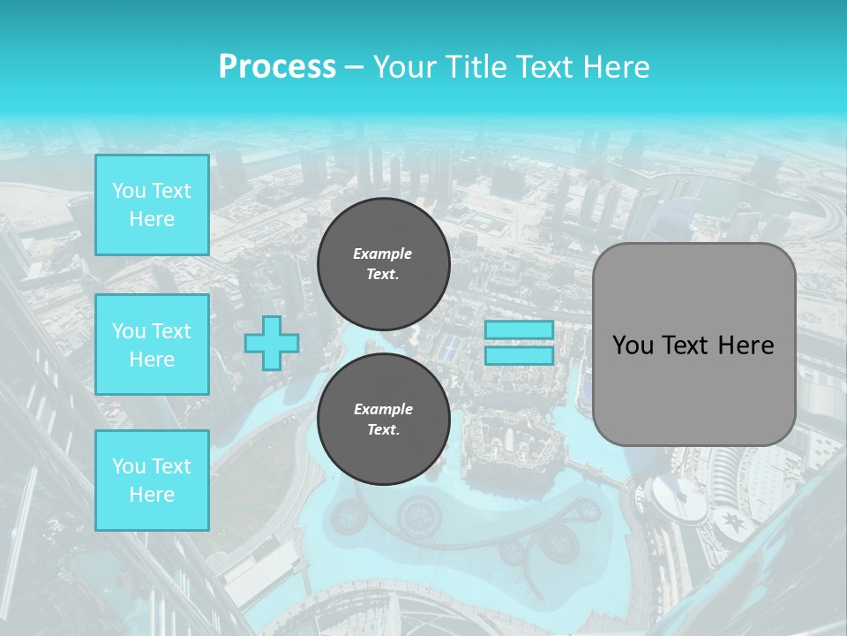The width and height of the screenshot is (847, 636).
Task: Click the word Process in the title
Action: (x=277, y=67)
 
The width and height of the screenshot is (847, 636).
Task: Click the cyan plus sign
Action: (x=271, y=343)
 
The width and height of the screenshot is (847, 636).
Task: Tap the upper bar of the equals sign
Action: (x=519, y=329)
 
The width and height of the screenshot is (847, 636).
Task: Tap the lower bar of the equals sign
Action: (x=519, y=356)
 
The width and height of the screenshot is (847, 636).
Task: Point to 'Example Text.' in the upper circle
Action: (x=383, y=264)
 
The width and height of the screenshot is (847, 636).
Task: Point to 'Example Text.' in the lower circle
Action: (x=383, y=420)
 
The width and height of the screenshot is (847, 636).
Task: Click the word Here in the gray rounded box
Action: (x=746, y=345)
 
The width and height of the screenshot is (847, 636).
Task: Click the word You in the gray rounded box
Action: (x=632, y=345)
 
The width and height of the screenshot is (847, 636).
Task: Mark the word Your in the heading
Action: (x=403, y=67)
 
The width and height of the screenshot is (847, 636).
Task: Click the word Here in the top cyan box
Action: (x=152, y=219)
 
